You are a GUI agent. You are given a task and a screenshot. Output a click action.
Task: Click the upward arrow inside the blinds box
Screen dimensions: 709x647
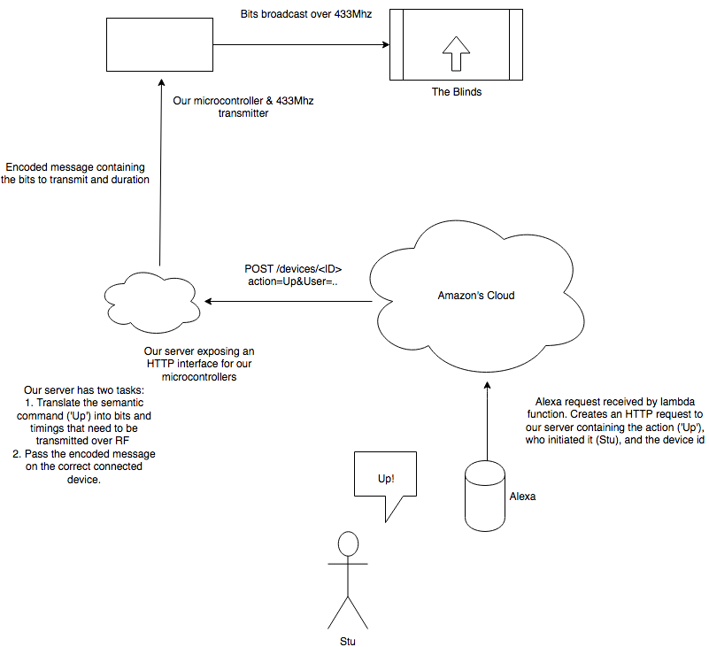click(456, 53)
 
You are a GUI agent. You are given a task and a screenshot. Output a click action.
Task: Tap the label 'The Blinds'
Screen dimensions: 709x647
click(457, 92)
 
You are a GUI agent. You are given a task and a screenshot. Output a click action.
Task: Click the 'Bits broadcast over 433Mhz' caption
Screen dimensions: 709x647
click(306, 14)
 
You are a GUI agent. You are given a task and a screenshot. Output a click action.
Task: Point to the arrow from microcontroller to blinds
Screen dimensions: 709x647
click(301, 44)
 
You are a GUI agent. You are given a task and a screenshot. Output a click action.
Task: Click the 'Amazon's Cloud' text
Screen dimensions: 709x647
click(476, 296)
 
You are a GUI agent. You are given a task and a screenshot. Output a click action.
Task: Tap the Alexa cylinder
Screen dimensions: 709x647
click(485, 496)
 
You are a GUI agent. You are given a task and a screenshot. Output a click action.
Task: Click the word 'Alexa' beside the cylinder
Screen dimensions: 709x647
click(522, 496)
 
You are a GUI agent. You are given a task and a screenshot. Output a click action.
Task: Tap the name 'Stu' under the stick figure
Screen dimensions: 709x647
click(348, 641)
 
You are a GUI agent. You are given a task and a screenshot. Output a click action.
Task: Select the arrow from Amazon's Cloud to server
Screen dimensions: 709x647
click(289, 301)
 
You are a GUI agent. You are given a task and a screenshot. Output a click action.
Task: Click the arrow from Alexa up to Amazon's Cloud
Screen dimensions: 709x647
click(487, 421)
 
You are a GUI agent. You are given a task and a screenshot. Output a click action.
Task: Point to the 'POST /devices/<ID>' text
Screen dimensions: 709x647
click(293, 269)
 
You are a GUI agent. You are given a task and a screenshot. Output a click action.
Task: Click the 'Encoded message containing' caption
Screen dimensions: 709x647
click(75, 166)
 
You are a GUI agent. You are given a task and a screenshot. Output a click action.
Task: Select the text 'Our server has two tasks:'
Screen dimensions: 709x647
click(84, 390)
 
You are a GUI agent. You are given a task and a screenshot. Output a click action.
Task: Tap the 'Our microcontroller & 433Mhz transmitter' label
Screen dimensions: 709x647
click(243, 107)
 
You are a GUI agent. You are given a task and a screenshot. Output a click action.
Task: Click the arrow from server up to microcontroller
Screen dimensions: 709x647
click(160, 173)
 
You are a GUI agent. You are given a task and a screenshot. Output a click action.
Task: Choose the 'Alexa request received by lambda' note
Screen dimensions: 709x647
click(615, 402)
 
